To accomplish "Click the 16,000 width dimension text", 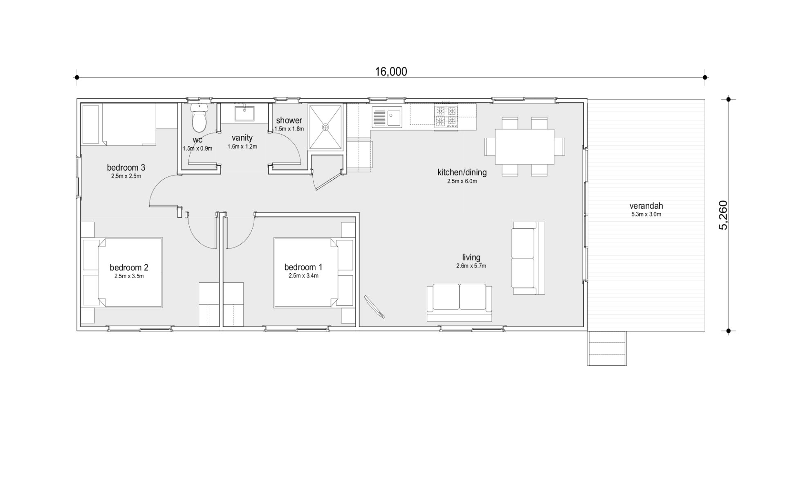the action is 391,72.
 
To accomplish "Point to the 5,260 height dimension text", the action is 723,215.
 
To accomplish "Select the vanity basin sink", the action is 245,113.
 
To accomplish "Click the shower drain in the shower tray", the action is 326,127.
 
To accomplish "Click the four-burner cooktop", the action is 446,117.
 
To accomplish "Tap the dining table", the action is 525,146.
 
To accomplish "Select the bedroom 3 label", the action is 126,167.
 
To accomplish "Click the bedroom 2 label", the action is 129,268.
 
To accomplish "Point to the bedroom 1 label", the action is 303,267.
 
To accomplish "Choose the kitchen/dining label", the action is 462,172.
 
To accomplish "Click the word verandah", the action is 646,206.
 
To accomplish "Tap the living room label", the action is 471,257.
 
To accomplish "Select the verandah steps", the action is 607,348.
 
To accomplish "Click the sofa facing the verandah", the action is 528,258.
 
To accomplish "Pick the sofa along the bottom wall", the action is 459,304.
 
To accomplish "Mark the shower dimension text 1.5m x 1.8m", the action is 289,128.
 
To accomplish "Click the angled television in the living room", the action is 375,307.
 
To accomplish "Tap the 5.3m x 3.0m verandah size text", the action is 646,214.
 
